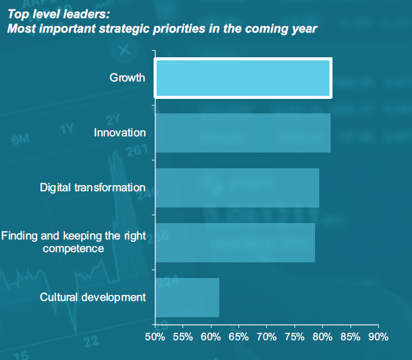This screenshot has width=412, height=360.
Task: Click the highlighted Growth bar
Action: (x=243, y=78)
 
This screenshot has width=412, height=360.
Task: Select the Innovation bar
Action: (x=243, y=133)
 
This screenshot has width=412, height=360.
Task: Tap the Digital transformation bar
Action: (x=237, y=188)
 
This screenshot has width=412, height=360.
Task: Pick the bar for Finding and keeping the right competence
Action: (x=235, y=242)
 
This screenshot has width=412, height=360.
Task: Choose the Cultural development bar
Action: (x=187, y=297)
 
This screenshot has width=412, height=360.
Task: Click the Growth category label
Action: (x=127, y=78)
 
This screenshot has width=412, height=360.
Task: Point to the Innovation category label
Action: (x=120, y=133)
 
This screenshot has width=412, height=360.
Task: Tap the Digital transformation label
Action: (x=93, y=188)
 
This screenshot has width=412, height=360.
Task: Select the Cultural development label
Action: (x=93, y=297)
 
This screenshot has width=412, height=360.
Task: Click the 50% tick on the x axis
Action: (x=155, y=336)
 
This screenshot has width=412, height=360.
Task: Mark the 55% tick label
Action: (x=183, y=336)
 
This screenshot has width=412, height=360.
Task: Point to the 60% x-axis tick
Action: (x=211, y=336)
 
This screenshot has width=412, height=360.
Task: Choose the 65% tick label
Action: (x=239, y=336)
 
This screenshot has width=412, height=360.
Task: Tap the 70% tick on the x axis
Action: (x=266, y=336)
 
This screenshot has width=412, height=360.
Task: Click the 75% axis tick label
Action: (x=295, y=336)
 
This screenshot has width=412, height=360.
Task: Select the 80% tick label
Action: (x=322, y=336)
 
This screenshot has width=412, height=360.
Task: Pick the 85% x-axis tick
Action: (x=350, y=336)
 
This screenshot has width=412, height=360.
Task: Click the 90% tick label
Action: (x=378, y=336)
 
